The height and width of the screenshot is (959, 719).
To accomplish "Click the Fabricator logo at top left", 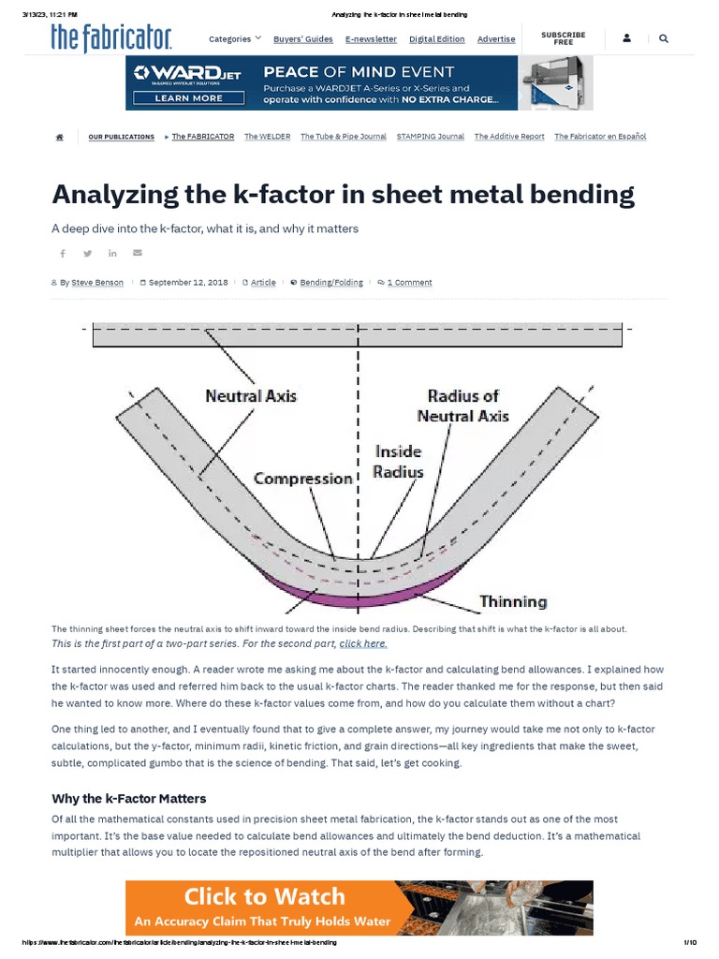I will pos(111,37).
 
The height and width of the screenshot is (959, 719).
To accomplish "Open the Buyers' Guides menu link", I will pos(302,39).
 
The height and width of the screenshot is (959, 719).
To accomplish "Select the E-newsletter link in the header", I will pos(371,39).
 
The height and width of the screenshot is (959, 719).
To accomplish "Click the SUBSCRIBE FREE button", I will pos(563,38).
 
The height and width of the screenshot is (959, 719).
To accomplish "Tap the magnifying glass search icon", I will pos(664,39).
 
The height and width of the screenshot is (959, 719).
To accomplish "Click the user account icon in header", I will pos(625,39).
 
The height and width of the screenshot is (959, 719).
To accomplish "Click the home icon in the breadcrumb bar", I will pos(60,137).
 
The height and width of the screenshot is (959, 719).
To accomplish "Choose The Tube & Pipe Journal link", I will pos(343,137).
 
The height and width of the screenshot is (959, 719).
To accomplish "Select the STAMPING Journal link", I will pos(430,137).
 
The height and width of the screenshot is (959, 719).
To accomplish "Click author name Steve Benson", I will pos(96,282).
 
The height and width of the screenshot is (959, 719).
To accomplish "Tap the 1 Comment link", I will pos(409,282).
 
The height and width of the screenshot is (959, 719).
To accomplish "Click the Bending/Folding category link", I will pos(331,282).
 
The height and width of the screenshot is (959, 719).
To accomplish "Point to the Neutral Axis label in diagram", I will pos(250,396).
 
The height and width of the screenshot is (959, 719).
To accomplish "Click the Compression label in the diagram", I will pos(302,479).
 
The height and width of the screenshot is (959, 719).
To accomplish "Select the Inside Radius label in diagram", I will pos(399,462).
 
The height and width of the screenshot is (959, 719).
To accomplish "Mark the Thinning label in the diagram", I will pos(513,601).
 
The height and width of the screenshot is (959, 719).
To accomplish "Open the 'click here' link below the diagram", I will pos(363,643).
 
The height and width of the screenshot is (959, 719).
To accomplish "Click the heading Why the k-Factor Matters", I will pos(128,798).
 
